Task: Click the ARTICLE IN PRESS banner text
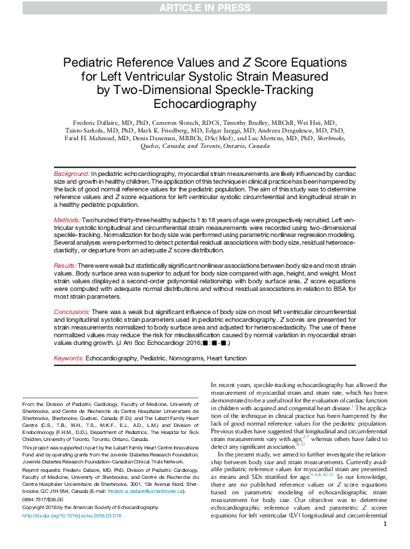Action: pyautogui.click(x=205, y=8)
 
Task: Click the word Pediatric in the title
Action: pyautogui.click(x=90, y=63)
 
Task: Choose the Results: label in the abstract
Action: pyautogui.click(x=67, y=266)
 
